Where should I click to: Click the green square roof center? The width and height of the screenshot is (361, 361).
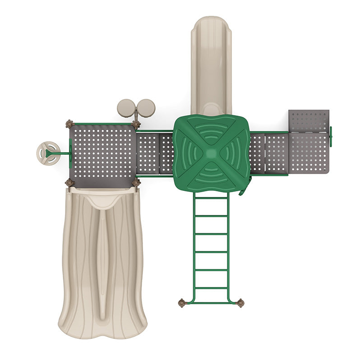(x=211, y=153)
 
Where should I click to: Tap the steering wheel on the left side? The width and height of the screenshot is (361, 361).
(x=48, y=153)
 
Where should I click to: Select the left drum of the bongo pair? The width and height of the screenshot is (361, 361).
(x=126, y=108)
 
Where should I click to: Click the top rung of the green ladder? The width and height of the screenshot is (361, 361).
(x=211, y=198)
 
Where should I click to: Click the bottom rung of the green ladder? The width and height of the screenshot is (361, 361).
(x=211, y=288)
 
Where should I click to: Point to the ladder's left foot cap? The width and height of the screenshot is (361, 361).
(x=182, y=303)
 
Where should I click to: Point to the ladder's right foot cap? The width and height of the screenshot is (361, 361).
(x=240, y=303)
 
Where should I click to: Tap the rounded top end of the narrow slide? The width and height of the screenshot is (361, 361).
(x=211, y=23)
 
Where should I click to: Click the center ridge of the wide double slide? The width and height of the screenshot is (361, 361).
(x=103, y=266)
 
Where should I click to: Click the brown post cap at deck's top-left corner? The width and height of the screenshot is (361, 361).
(x=69, y=124)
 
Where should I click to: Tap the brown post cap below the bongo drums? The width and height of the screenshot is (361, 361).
(x=136, y=124)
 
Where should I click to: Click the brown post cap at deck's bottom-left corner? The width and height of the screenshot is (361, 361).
(x=69, y=183)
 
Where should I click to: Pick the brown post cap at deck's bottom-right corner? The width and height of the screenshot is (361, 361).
(x=136, y=183)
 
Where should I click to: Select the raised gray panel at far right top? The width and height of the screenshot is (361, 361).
(x=309, y=120)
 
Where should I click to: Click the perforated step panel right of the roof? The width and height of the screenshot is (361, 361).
(x=268, y=153)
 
